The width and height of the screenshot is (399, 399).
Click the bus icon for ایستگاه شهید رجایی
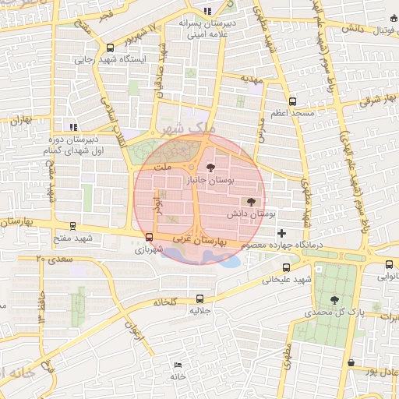click(110, 48)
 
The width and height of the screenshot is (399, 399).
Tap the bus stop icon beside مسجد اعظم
click(292, 101)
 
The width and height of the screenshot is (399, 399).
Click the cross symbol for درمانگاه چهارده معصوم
click(281, 233)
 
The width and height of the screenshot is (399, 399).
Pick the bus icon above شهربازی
click(149, 238)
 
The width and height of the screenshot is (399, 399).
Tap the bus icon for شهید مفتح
click(72, 226)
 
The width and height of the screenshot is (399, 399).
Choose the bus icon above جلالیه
click(200, 298)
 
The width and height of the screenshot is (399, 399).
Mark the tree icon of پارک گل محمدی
click(335, 299)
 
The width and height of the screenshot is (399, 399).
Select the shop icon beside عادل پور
click(352, 362)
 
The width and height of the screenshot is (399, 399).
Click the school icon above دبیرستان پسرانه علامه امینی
click(207, 10)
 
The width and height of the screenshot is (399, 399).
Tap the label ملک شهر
click(178, 128)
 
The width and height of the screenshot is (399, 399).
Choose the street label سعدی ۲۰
click(50, 258)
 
